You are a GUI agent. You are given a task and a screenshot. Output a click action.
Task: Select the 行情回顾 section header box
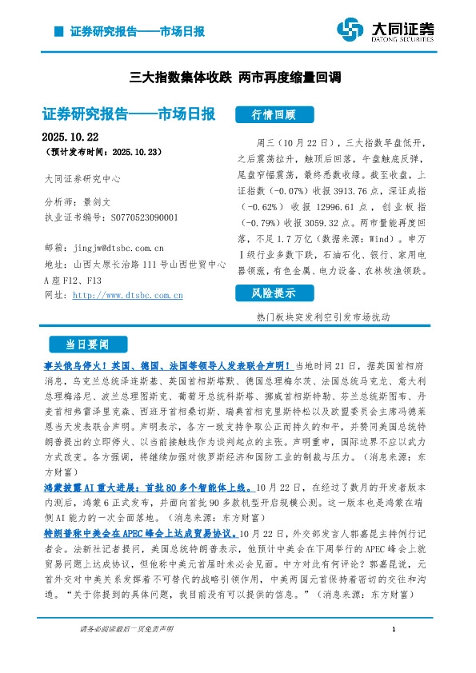[x=274, y=113]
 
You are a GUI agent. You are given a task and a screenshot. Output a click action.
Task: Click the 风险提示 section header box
[x=274, y=293]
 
